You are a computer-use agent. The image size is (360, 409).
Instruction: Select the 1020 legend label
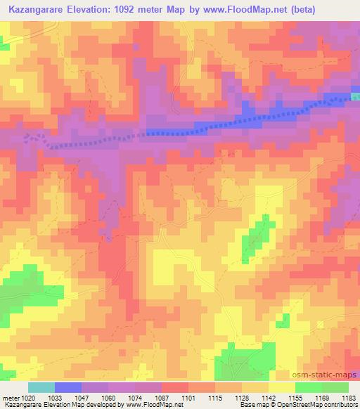(x=29, y=398)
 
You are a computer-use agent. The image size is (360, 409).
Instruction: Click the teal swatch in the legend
(x=41, y=387)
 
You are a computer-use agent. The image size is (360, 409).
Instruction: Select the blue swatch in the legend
(x=68, y=387)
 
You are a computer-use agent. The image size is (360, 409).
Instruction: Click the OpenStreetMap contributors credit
(x=323, y=405)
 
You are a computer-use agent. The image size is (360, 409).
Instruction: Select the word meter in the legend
(x=11, y=398)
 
